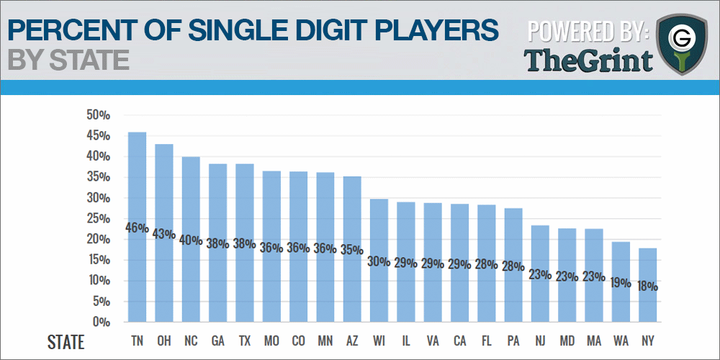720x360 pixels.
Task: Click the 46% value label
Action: pos(137,228)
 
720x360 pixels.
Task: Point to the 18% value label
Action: pos(647,286)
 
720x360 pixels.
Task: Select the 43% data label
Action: pos(164,234)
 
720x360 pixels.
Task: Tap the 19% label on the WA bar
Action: pos(620,283)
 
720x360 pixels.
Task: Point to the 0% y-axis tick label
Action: pos(100,322)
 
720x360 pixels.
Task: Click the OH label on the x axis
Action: pos(164,340)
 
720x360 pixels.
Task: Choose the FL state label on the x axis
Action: pos(486,340)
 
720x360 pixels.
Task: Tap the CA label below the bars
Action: pos(459,340)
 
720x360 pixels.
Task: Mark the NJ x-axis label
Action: pos(540,340)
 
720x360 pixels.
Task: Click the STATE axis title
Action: pos(66,341)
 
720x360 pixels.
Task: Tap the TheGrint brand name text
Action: pos(588,60)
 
